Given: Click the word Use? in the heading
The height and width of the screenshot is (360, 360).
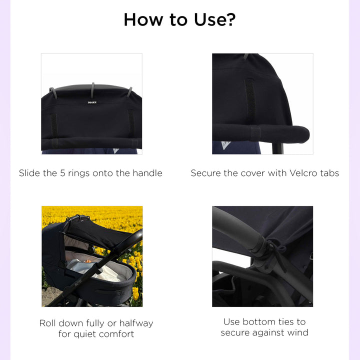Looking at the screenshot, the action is pyautogui.click(x=214, y=19).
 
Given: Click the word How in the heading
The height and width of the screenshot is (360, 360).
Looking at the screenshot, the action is pyautogui.click(x=143, y=19).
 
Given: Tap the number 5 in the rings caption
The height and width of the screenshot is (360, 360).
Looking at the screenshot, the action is pyautogui.click(x=62, y=173).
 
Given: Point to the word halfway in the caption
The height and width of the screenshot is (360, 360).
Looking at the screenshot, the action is pyautogui.click(x=136, y=323).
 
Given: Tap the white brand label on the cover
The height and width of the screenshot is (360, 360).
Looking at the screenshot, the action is pyautogui.click(x=92, y=102).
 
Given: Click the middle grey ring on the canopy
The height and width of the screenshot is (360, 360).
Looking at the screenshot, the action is pyautogui.click(x=92, y=89).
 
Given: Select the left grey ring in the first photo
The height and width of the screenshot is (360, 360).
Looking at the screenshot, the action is pyautogui.click(x=53, y=92).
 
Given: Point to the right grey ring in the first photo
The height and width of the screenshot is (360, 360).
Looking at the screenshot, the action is pyautogui.click(x=129, y=92).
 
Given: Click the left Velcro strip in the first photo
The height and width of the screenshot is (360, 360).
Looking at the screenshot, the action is pyautogui.click(x=53, y=124).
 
